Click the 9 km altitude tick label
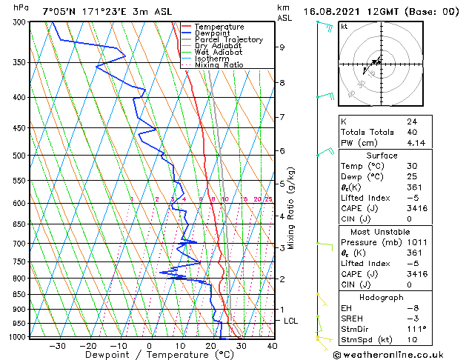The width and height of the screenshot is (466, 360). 282,47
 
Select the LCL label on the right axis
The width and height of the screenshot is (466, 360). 291,321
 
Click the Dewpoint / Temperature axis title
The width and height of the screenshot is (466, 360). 149,355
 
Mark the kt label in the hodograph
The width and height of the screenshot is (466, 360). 344,26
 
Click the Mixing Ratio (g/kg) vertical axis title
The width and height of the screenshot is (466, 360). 291,208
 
